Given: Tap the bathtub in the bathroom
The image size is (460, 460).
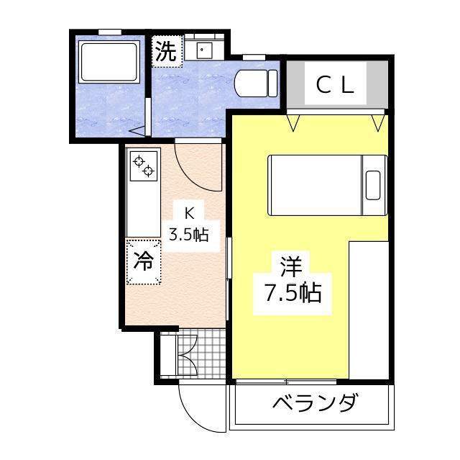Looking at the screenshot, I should (109, 62).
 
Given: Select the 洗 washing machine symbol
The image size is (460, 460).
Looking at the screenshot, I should (167, 52).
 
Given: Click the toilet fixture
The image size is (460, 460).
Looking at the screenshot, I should (255, 83).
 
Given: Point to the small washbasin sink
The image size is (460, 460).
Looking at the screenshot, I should (203, 50).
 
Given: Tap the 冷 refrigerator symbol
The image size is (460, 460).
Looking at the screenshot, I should (144, 261).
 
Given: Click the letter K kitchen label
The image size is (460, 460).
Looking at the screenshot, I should (189, 213).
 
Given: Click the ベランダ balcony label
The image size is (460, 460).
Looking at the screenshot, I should (313, 403).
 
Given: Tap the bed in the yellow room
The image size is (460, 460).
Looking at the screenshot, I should (328, 184).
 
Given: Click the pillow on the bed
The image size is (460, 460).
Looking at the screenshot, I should (374, 184).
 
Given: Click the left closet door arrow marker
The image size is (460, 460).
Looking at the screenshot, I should (293, 122).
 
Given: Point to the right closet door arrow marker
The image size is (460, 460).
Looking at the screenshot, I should (376, 122).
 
